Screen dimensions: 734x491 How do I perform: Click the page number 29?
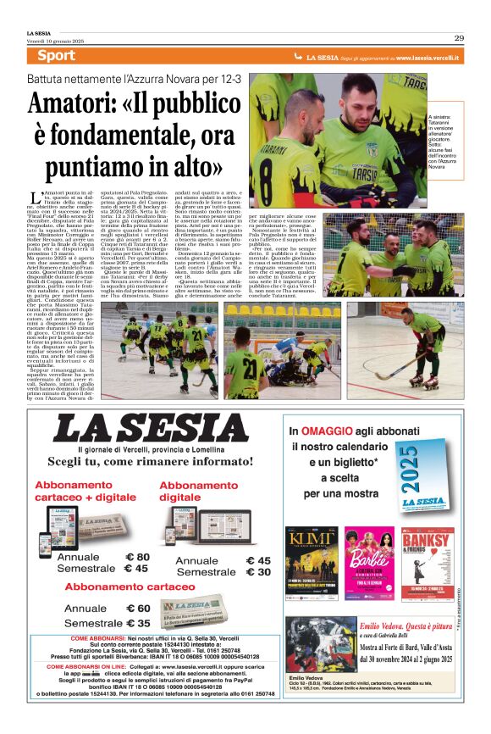[458, 37]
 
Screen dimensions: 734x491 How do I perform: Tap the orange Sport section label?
[57, 56]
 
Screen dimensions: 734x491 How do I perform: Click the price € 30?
[257, 572]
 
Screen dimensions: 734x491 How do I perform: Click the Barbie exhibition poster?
[369, 564]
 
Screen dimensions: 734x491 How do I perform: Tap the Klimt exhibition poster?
[312, 564]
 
